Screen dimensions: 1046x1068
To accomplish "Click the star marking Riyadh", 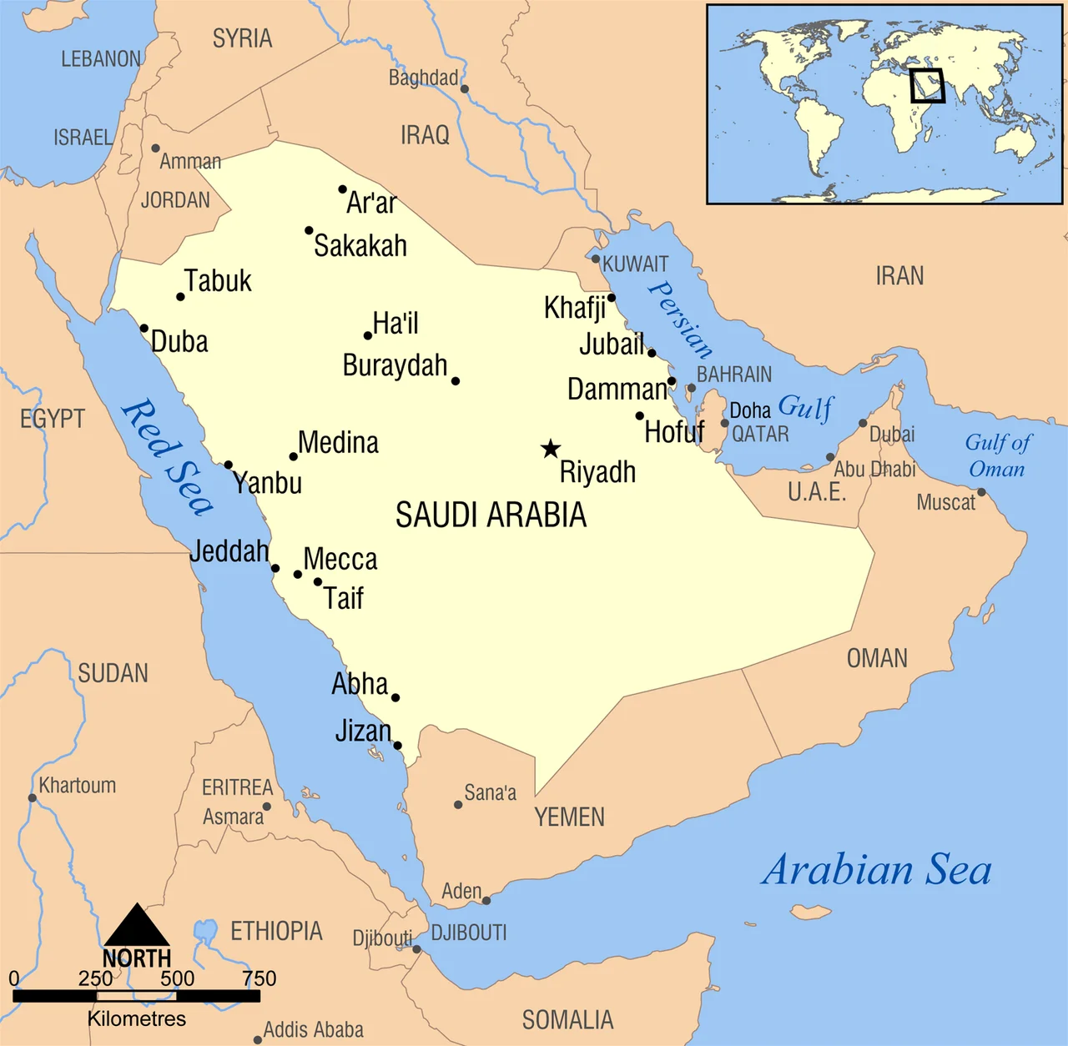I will coord(550,449).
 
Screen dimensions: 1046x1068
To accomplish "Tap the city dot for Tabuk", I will coord(180,297).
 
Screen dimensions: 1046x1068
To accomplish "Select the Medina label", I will coord(338,443).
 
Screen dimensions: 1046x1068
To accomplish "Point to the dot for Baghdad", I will coord(465,88).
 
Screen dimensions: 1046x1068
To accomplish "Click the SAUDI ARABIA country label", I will coord(491,515).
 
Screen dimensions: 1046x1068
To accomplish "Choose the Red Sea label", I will coord(167,457).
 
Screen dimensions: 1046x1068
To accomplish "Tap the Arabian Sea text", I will coord(876,870).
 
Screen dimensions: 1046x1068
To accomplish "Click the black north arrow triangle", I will coord(136,925).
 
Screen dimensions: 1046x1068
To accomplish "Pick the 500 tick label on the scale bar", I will coord(177,978).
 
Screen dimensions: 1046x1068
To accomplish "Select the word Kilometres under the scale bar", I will coord(136,1018).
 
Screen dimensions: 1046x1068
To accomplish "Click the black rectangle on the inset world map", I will coord(927,86).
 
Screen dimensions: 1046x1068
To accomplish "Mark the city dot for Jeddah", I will coord(275,569).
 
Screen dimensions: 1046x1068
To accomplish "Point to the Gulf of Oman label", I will coord(997,455).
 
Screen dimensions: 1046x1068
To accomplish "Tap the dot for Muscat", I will coord(981,492).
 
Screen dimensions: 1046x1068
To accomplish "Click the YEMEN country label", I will coord(570,817).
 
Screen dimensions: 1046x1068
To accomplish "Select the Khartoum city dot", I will coord(33,798).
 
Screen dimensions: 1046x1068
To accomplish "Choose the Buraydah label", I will coord(395,366).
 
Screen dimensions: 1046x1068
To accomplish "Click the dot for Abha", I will coord(395,697).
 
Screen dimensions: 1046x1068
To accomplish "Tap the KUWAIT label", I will coord(635,264).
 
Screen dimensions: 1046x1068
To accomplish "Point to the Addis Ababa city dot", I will coord(257,1039).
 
